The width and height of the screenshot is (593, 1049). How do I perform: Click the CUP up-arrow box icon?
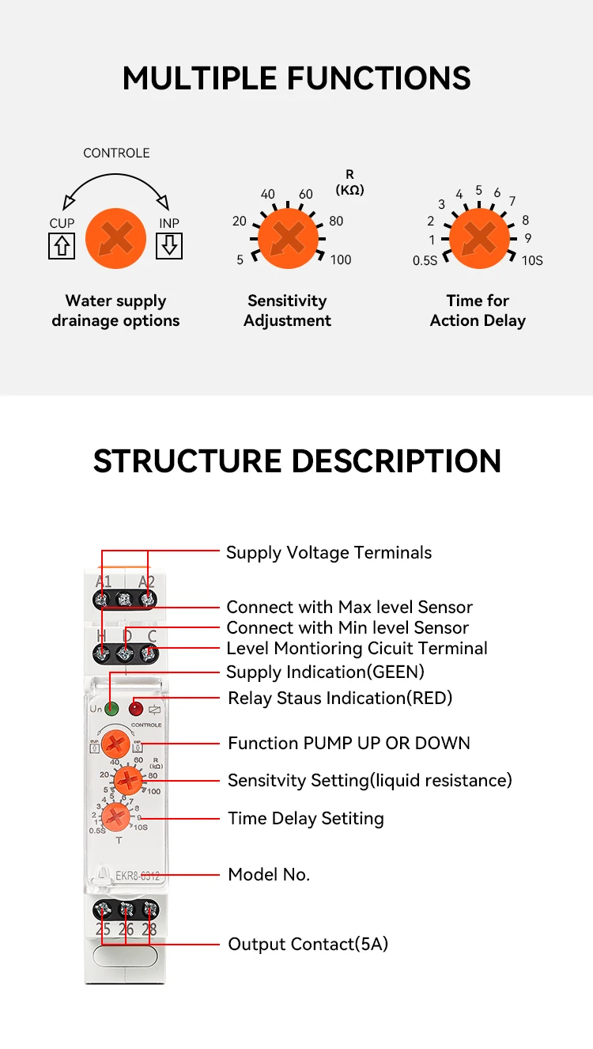[x=62, y=247]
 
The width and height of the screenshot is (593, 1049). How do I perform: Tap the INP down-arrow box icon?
[x=169, y=247]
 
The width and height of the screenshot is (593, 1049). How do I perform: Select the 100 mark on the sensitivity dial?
[x=341, y=259]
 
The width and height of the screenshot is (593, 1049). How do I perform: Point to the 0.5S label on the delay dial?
[x=425, y=260]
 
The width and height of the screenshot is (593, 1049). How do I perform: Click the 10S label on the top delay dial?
[x=532, y=260]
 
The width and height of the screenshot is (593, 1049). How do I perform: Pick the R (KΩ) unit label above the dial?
[x=349, y=182]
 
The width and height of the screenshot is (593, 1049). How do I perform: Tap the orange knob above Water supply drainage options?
[x=115, y=237]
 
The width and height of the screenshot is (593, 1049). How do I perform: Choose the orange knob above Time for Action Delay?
[x=478, y=237]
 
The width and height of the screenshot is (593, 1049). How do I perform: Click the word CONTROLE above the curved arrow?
[x=116, y=153]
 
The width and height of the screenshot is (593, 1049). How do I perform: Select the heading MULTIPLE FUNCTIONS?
[x=296, y=78]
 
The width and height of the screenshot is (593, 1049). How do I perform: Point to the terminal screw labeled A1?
[x=102, y=600]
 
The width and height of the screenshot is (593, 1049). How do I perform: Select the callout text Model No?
[x=269, y=874]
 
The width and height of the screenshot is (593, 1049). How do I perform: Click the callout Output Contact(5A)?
[x=308, y=944]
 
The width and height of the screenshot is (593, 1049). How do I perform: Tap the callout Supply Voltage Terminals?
[x=329, y=552]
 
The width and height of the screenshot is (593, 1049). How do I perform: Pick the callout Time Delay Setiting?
[x=306, y=818]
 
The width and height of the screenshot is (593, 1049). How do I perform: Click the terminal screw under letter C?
[x=148, y=654]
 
